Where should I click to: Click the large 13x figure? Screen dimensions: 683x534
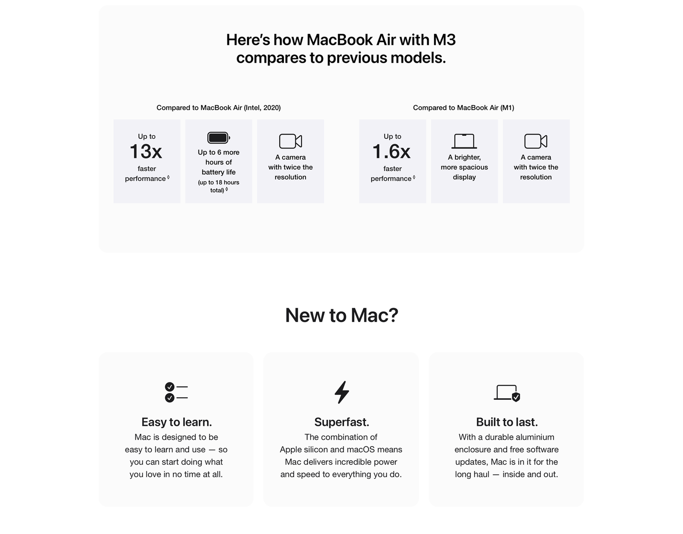coord(146,152)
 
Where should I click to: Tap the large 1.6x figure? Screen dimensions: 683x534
coord(391,152)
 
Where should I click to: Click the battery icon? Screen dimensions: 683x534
coord(219,138)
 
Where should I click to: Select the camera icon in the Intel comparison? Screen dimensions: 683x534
coord(290,141)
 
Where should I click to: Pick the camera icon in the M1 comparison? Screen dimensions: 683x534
coord(536,141)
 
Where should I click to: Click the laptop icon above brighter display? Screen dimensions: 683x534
coord(464,141)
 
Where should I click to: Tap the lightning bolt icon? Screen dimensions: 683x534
coord(341,392)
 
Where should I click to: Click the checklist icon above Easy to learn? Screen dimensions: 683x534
coord(176,392)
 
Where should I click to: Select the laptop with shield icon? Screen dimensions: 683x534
coord(507,393)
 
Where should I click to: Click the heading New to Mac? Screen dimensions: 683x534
coord(341,315)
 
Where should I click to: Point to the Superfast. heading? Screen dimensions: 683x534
coord(341,422)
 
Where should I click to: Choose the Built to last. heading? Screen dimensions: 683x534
coord(507,422)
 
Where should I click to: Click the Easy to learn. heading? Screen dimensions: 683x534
coord(176,422)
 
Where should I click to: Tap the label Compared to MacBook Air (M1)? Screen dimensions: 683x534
coord(463,108)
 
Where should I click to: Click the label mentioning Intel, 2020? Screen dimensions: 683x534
coord(219,108)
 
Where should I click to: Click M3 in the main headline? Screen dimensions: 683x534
coord(444,40)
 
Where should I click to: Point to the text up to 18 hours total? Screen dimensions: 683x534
coord(219,186)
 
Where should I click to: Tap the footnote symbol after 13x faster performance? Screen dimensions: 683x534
coord(168,177)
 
